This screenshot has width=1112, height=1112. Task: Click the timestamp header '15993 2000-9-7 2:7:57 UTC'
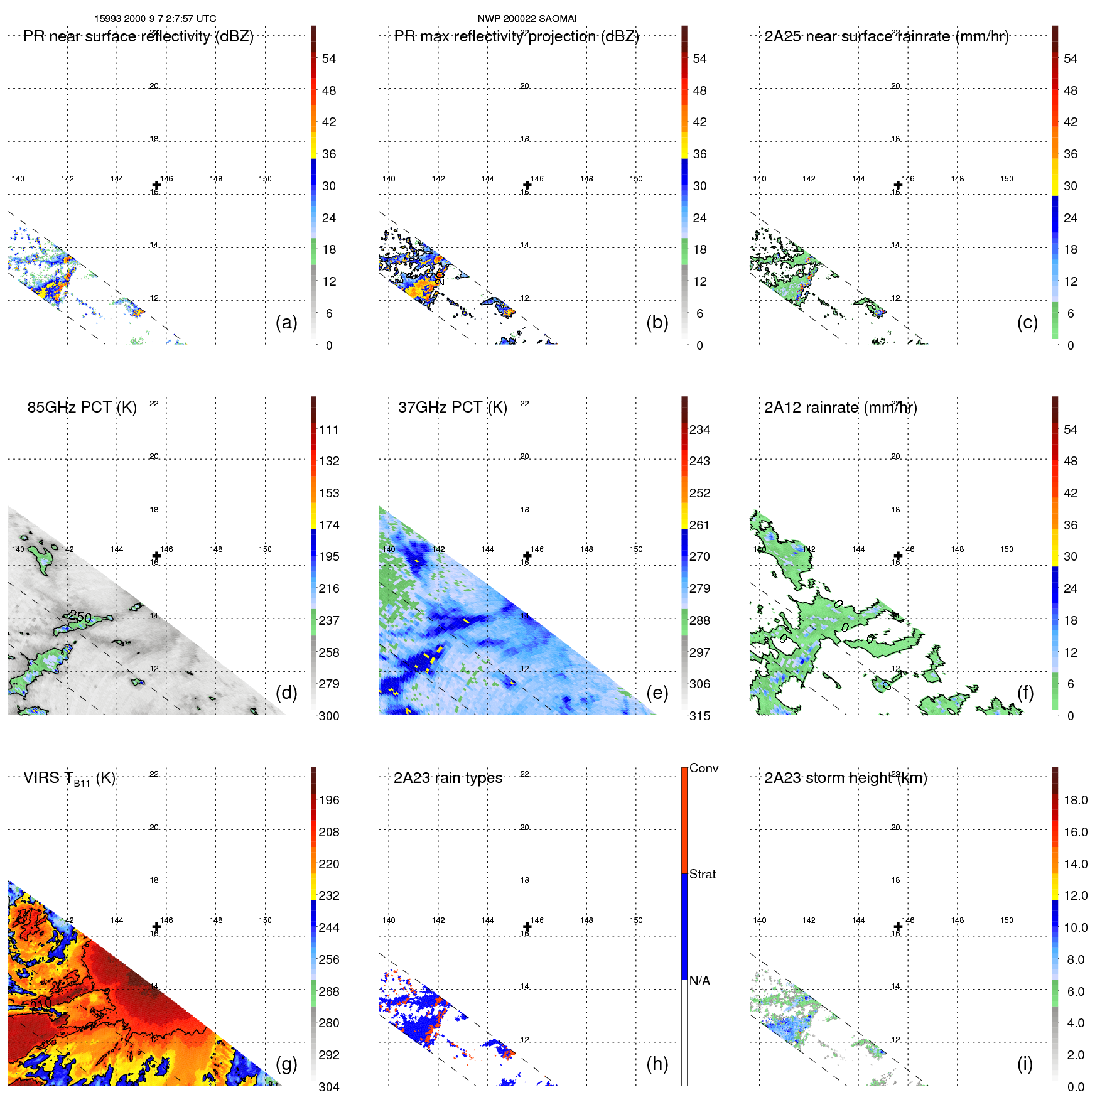click(x=155, y=19)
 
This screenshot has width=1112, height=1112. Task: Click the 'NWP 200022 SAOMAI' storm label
click(x=527, y=19)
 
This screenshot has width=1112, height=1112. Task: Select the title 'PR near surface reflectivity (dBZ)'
click(x=138, y=36)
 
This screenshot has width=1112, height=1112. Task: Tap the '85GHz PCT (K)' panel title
click(x=82, y=408)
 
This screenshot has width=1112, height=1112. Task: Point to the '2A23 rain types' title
click(x=448, y=778)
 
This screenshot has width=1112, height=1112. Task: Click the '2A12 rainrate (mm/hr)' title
click(x=840, y=408)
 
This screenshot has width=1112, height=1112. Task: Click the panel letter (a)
click(x=286, y=322)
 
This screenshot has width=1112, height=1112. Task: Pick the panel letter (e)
click(x=657, y=693)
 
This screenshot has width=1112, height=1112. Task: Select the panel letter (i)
click(x=1025, y=1064)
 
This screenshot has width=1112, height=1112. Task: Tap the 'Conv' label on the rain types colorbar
click(x=703, y=768)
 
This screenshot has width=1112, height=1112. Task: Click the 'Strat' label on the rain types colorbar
click(x=702, y=874)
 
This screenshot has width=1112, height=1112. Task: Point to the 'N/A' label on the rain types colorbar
click(x=699, y=981)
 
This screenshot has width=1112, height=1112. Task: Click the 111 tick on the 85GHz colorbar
click(x=328, y=430)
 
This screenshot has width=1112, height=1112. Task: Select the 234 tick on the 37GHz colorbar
click(x=699, y=430)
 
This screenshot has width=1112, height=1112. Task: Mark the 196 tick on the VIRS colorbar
click(x=328, y=801)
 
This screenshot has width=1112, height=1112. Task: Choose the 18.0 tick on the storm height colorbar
click(x=1075, y=801)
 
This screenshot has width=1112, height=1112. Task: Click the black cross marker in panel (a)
click(x=156, y=185)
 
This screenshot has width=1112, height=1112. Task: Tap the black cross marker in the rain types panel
click(x=527, y=927)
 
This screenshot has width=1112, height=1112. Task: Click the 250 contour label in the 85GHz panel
click(x=80, y=617)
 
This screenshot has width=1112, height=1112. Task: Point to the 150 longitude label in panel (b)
click(x=636, y=179)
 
